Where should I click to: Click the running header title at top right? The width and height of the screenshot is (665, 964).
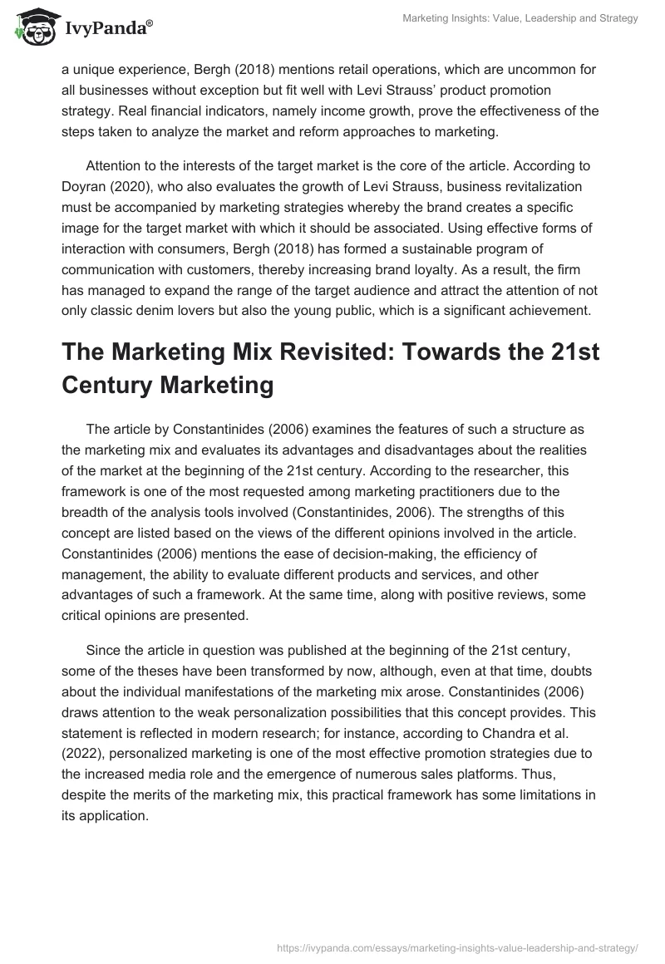(x=520, y=18)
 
